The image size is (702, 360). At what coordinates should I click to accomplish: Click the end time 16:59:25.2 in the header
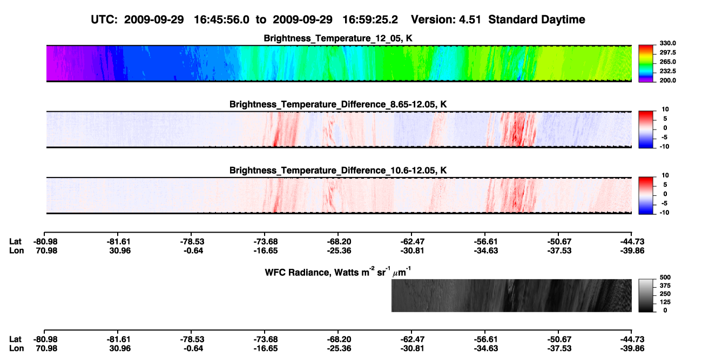click(x=370, y=20)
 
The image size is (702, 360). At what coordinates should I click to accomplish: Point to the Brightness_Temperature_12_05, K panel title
click(x=338, y=38)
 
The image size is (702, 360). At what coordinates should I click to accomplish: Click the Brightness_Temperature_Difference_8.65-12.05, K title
click(x=338, y=104)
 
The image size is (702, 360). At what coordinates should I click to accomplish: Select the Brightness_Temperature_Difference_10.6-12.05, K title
click(x=338, y=171)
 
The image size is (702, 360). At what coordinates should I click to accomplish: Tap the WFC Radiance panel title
click(x=338, y=272)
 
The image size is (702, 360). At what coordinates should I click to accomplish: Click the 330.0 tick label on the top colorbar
click(x=667, y=43)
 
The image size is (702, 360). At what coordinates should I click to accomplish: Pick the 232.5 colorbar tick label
click(x=667, y=71)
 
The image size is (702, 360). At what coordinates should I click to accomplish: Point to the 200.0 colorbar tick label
click(x=667, y=80)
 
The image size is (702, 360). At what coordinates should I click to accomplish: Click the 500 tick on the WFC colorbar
click(x=665, y=277)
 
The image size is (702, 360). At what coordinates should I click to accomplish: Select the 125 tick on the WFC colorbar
click(x=665, y=302)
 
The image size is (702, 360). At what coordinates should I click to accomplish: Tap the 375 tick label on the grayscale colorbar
click(x=665, y=286)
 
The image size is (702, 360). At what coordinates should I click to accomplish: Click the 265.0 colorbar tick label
click(x=667, y=62)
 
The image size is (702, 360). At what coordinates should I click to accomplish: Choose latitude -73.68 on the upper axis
click(x=265, y=242)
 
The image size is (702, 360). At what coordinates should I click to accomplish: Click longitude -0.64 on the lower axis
click(x=193, y=349)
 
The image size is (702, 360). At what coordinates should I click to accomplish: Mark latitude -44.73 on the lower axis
click(x=632, y=339)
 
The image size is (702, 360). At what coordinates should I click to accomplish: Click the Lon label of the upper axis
click(x=16, y=250)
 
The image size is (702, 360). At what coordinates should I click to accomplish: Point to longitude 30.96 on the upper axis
click(x=120, y=250)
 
